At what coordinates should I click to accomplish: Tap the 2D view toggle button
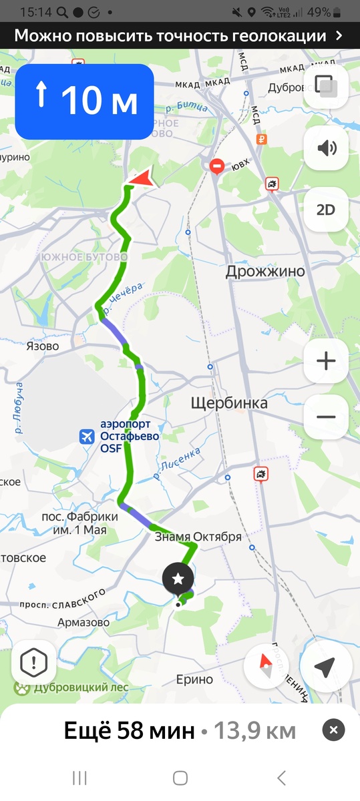[325, 210]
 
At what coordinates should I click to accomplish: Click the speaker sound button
[325, 148]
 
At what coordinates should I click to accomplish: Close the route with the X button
[333, 730]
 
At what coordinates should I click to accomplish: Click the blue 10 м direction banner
[85, 101]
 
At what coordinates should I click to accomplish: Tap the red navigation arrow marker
[142, 178]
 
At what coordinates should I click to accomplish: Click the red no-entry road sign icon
[217, 166]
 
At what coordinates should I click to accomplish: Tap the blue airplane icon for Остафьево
[86, 437]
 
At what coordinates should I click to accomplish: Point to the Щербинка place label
[229, 403]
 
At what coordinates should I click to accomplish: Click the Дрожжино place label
[265, 271]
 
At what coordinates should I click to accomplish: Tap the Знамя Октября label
[198, 536]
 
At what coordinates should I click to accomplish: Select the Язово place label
[43, 346]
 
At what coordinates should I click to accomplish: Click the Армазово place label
[83, 622]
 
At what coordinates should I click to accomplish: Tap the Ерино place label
[194, 679]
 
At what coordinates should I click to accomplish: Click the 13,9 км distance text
[254, 730]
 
